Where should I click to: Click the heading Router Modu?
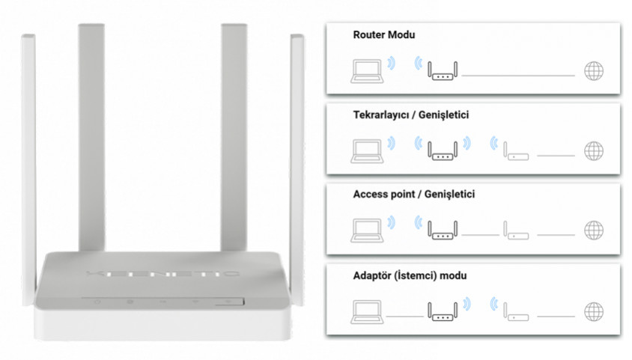click(x=383, y=34)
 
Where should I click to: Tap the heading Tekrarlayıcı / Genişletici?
click(x=410, y=115)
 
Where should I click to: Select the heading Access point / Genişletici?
click(x=413, y=194)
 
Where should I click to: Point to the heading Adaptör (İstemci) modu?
click(x=410, y=275)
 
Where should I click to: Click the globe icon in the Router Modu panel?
click(x=594, y=71)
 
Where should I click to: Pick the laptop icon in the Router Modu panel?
click(x=367, y=71)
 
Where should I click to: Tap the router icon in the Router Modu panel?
click(x=443, y=71)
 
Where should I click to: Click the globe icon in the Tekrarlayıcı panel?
click(x=594, y=151)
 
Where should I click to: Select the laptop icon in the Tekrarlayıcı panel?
click(x=367, y=151)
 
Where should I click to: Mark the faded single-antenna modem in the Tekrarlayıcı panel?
click(x=516, y=151)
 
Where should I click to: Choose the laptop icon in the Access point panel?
click(x=367, y=231)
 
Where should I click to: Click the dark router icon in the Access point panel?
click(x=443, y=230)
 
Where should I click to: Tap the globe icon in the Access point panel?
click(x=594, y=231)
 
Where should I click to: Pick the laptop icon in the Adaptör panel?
click(x=367, y=311)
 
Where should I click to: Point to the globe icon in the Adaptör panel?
click(x=594, y=311)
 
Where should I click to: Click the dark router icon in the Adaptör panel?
click(x=443, y=311)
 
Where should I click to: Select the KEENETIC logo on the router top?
click(x=162, y=274)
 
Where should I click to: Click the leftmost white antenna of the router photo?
click(x=28, y=169)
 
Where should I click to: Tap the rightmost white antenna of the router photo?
click(x=297, y=169)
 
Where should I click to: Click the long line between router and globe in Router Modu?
click(x=518, y=76)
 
